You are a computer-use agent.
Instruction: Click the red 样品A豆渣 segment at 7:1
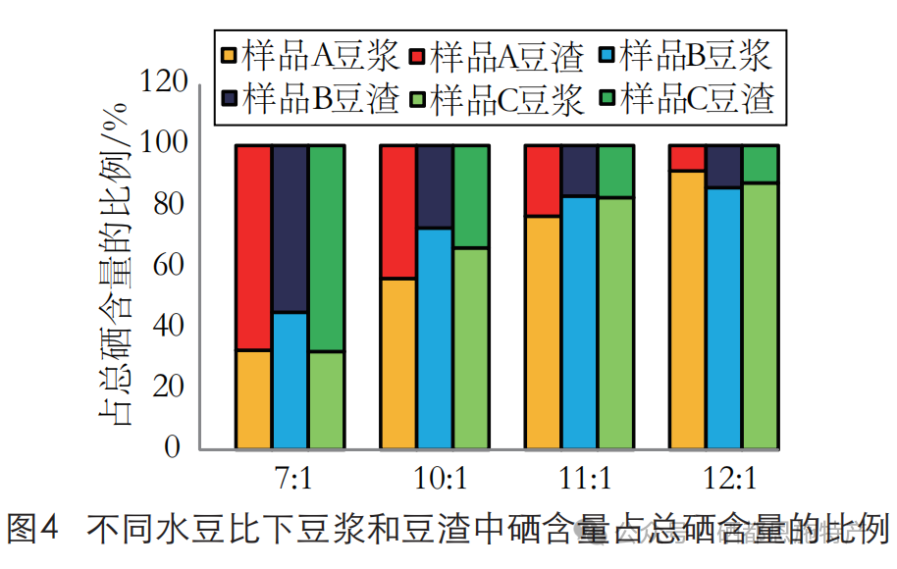click(x=253, y=247)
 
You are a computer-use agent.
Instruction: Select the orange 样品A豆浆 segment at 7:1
click(x=253, y=399)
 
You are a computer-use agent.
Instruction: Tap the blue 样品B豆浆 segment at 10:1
click(x=435, y=338)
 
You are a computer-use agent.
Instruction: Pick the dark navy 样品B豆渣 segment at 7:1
click(x=290, y=229)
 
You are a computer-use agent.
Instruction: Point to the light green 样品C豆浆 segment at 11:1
click(x=615, y=323)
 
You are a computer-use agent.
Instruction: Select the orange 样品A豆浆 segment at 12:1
click(x=687, y=309)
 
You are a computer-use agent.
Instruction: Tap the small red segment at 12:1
click(x=687, y=158)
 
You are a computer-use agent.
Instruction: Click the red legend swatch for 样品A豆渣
click(x=419, y=57)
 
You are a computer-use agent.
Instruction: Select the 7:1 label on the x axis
click(x=290, y=480)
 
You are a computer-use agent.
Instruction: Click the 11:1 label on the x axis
click(x=579, y=480)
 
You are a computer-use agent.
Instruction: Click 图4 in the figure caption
click(x=33, y=530)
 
